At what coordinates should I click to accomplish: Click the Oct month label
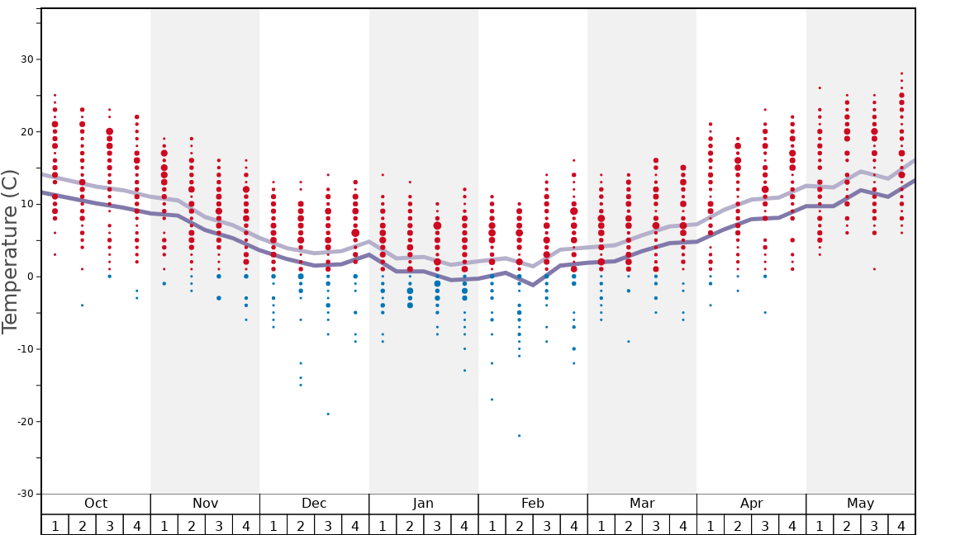pyautogui.click(x=96, y=504)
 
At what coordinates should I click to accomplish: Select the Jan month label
pyautogui.click(x=423, y=504)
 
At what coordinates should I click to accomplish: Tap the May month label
pyautogui.click(x=860, y=504)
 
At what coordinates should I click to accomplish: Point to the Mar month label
pyautogui.click(x=642, y=504)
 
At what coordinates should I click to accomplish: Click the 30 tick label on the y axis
pyautogui.click(x=27, y=59)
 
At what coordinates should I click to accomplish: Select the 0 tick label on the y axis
pyautogui.click(x=31, y=277)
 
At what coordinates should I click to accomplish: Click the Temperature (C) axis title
pyautogui.click(x=10, y=251)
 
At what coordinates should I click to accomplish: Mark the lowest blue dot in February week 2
pyautogui.click(x=519, y=435)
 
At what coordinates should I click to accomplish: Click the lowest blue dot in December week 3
pyautogui.click(x=328, y=414)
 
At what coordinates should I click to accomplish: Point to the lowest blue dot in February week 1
pyautogui.click(x=492, y=400)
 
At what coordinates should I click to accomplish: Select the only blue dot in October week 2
pyautogui.click(x=82, y=305)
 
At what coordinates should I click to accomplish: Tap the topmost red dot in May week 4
pyautogui.click(x=901, y=73)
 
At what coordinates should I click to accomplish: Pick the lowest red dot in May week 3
pyautogui.click(x=874, y=269)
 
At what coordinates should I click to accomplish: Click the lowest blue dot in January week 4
pyautogui.click(x=464, y=370)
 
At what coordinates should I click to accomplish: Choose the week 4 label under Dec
pyautogui.click(x=355, y=526)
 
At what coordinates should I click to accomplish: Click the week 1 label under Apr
pyautogui.click(x=711, y=526)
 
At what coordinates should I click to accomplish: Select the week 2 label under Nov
pyautogui.click(x=192, y=526)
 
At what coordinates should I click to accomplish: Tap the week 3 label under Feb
pyautogui.click(x=546, y=526)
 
